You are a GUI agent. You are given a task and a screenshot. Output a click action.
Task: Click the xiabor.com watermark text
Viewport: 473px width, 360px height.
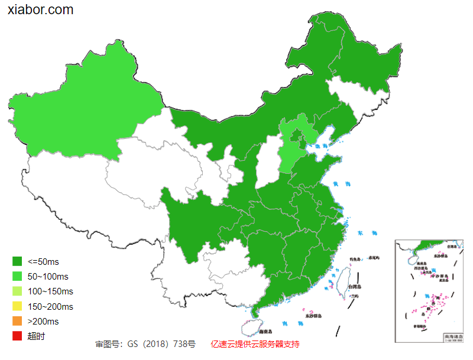pos(41,10)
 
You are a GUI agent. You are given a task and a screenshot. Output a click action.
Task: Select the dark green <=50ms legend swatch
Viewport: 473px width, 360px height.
pos(17,261)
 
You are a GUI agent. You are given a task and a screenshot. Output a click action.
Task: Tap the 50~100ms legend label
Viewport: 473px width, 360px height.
pos(48,277)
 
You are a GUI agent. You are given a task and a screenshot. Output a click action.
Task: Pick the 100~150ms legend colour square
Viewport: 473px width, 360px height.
pos(17,291)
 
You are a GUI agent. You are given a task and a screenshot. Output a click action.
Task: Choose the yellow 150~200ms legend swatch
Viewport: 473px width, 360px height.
pos(17,306)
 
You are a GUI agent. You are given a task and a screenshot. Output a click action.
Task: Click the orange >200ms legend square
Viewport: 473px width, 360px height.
pos(17,322)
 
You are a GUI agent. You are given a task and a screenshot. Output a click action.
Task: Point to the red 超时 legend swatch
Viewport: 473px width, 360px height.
pos(17,336)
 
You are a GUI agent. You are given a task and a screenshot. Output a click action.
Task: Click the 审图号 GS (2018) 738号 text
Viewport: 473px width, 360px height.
pos(145,344)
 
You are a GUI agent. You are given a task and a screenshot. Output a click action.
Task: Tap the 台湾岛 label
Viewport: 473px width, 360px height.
pos(354,287)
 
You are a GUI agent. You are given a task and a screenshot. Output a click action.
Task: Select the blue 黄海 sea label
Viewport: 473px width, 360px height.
pos(341,184)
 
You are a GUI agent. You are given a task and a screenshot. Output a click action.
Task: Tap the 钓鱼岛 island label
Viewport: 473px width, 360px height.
pos(355,259)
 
